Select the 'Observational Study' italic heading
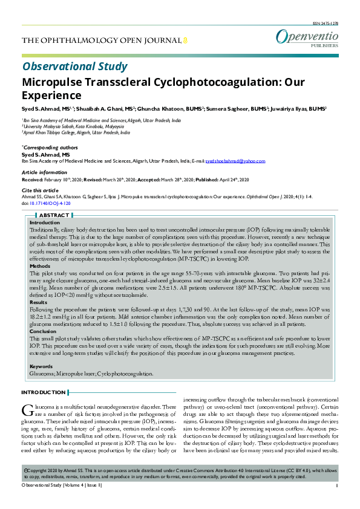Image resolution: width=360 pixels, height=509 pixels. tap(74, 66)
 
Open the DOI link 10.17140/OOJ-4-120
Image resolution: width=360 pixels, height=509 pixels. tap(54, 204)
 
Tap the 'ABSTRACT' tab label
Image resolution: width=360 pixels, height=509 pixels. tap(54, 215)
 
